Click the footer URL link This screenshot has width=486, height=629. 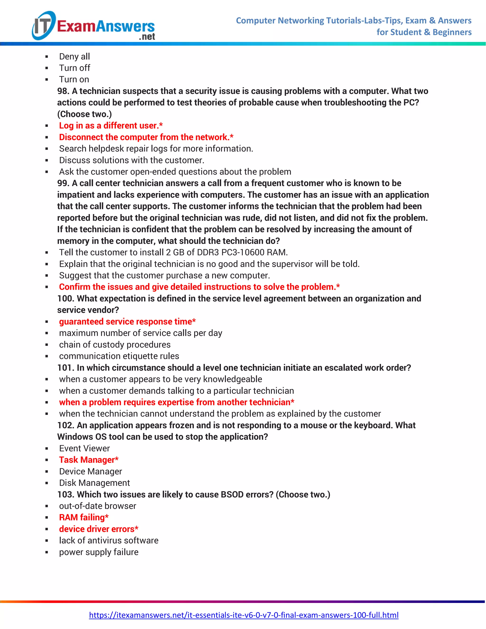click(x=243, y=615)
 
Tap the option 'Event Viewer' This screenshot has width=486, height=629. click(x=84, y=448)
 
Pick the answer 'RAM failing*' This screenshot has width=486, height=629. click(x=84, y=517)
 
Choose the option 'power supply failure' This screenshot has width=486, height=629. click(x=99, y=552)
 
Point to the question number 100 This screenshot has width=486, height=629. click(x=65, y=298)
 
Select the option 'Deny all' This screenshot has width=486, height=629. click(x=75, y=56)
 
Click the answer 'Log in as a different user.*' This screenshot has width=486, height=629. click(x=111, y=126)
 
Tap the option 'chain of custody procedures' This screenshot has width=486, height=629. click(x=115, y=344)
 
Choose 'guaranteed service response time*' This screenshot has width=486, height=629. click(x=127, y=321)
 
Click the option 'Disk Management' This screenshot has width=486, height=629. click(x=94, y=483)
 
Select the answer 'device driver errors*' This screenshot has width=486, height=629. click(x=99, y=529)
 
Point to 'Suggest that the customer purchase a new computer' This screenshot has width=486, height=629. click(x=164, y=275)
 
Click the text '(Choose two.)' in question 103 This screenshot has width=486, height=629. click(x=303, y=494)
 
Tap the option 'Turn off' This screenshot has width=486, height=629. click(x=75, y=68)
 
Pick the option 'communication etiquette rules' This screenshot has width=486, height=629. click(x=119, y=356)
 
